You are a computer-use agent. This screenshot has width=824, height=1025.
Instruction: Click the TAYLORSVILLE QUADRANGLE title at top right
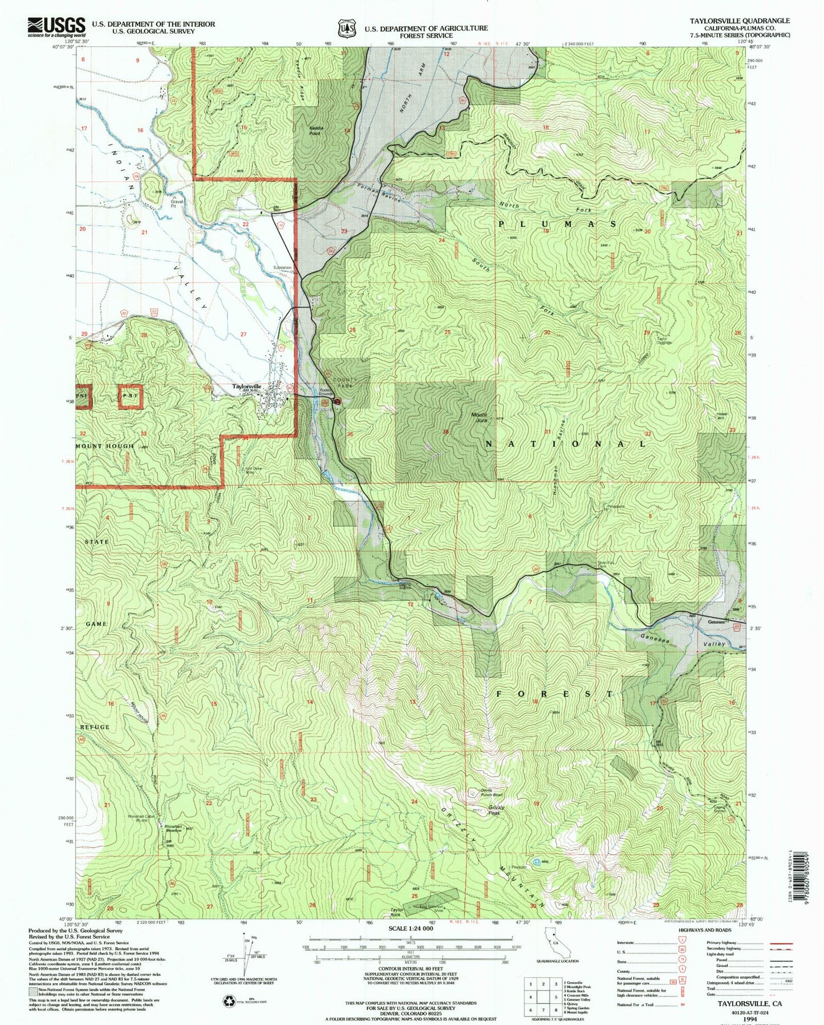739,21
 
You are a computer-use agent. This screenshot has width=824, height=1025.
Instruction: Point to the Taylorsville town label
246,387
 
